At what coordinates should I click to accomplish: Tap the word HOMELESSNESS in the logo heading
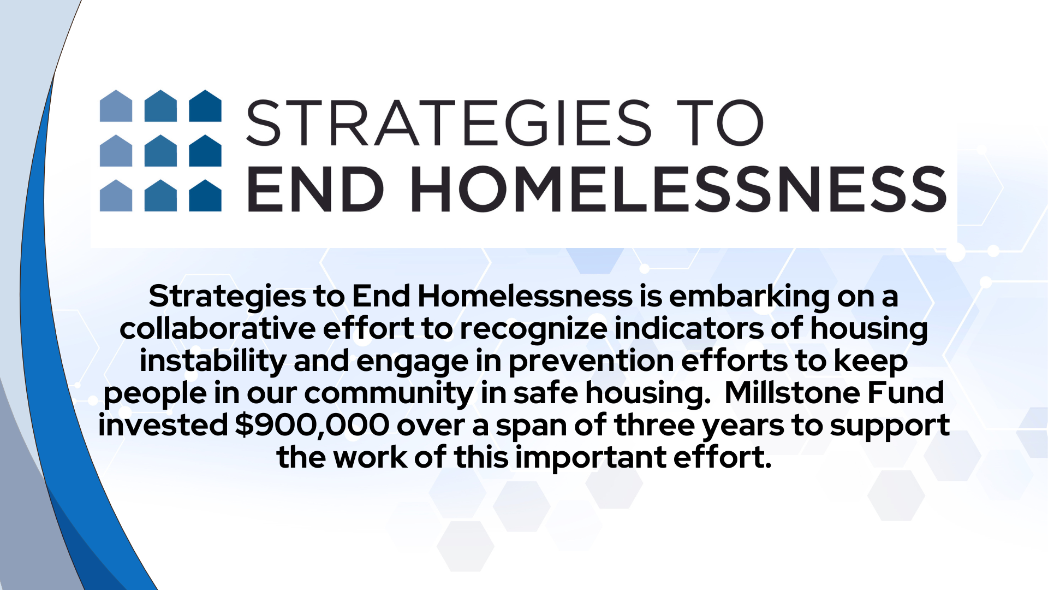coord(678,189)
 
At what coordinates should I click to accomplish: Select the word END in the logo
coord(316,189)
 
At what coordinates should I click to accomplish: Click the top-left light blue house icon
coord(116,105)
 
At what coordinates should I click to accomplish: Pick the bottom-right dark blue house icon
coord(205,195)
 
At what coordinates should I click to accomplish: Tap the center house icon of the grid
coord(160,150)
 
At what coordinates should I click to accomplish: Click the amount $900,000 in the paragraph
coord(312,426)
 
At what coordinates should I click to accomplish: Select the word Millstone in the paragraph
coord(793,392)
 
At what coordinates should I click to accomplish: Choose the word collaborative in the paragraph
coord(217,328)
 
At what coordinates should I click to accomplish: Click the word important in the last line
coord(591,458)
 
